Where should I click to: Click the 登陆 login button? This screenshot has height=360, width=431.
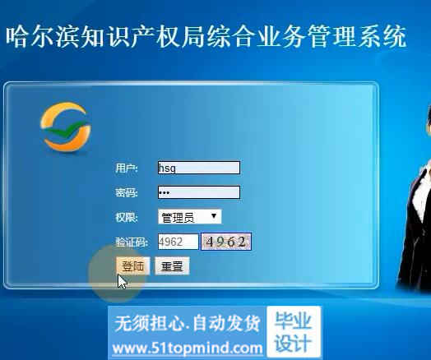click(x=133, y=265)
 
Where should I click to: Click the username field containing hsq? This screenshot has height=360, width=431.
click(x=199, y=168)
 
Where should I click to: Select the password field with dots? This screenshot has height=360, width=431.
click(x=199, y=192)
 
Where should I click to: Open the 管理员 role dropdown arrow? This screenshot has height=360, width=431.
click(x=214, y=216)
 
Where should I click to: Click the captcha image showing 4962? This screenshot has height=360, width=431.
click(x=226, y=242)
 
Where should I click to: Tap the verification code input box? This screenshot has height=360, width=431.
click(x=178, y=242)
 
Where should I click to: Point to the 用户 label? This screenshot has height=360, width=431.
click(x=127, y=168)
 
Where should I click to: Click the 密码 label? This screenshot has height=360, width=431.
click(x=127, y=192)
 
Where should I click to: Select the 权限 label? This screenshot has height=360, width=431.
click(x=127, y=218)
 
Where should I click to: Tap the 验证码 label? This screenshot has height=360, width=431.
click(x=132, y=242)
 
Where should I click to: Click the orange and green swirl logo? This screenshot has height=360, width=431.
click(x=66, y=127)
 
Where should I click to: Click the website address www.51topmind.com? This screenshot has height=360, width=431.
click(x=188, y=348)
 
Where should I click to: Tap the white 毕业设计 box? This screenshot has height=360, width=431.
click(x=294, y=332)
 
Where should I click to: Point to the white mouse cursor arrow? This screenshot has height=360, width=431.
click(x=122, y=281)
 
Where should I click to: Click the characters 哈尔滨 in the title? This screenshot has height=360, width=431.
click(x=43, y=37)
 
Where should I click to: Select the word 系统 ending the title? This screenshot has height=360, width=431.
click(x=382, y=37)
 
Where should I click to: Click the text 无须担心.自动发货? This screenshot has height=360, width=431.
click(x=188, y=324)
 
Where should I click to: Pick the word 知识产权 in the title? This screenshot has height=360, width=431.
click(x=130, y=37)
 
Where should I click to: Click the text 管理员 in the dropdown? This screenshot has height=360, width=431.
click(x=178, y=218)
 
